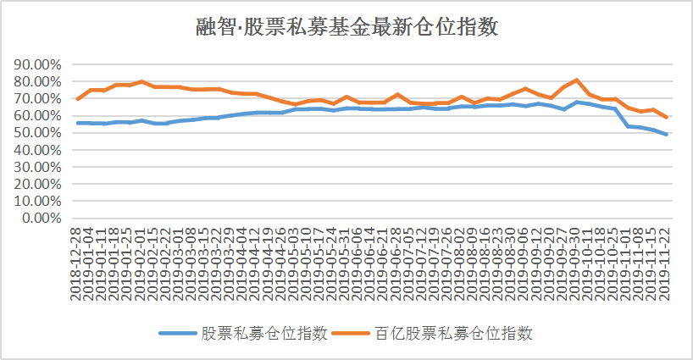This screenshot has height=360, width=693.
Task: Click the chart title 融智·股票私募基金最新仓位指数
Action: (x=346, y=27)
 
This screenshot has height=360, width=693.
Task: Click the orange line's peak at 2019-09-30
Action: (x=576, y=80)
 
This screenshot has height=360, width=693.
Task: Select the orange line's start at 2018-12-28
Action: (x=78, y=99)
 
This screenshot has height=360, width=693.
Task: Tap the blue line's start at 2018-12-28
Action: (x=78, y=123)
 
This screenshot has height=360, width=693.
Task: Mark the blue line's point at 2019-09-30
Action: (x=576, y=102)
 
